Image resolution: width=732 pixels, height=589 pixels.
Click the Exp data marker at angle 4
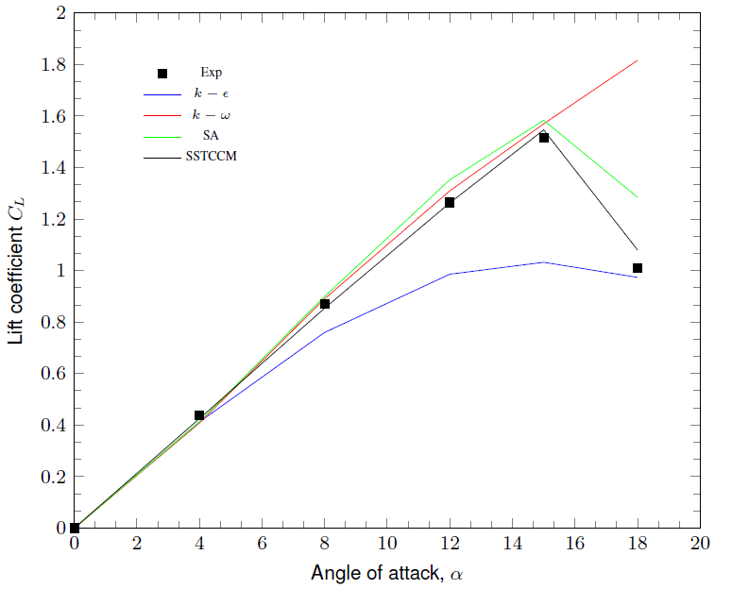click(x=199, y=415)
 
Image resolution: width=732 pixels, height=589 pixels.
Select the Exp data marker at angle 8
click(x=325, y=304)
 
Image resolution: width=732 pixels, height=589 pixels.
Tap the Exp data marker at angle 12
click(x=450, y=203)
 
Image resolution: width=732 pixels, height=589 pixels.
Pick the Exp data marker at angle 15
click(x=544, y=138)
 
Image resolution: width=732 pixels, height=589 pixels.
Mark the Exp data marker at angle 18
click(x=638, y=268)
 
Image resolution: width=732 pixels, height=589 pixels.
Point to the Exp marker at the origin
click(x=75, y=528)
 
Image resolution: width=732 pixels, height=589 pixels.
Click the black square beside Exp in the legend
click(x=162, y=74)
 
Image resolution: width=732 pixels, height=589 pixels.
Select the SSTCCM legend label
click(x=211, y=156)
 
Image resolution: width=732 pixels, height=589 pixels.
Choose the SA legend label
click(x=211, y=135)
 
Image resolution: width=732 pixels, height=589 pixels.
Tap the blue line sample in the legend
click(x=162, y=94)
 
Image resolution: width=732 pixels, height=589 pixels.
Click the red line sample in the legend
click(x=162, y=115)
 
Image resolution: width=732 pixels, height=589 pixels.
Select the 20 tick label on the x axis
click(x=700, y=546)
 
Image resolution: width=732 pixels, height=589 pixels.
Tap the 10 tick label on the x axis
click(x=387, y=546)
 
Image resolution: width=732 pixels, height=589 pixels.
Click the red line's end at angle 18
click(x=638, y=60)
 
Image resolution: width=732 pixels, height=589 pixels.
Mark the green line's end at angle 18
click(x=638, y=197)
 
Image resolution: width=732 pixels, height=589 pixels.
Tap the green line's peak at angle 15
click(x=544, y=121)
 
